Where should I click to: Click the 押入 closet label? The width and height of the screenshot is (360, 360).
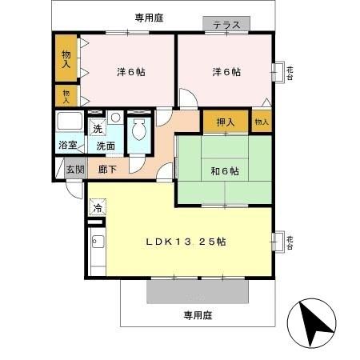[224, 122]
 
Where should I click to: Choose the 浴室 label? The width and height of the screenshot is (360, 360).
[68, 145]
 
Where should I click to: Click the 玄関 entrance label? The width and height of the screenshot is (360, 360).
[74, 169]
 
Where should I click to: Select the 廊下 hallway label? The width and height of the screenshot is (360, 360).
[108, 169]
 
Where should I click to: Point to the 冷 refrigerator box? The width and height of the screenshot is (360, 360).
[98, 209]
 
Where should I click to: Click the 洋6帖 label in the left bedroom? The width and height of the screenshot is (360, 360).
[130, 72]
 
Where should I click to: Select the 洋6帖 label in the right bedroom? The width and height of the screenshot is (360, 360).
[226, 72]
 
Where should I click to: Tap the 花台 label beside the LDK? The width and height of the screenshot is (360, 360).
[290, 241]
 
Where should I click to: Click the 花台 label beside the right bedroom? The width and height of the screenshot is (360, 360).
[290, 72]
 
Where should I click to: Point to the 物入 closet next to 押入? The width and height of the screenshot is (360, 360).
[260, 122]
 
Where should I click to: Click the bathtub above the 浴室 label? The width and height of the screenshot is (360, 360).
[69, 123]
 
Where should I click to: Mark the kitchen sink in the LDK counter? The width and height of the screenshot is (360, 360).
[98, 241]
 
